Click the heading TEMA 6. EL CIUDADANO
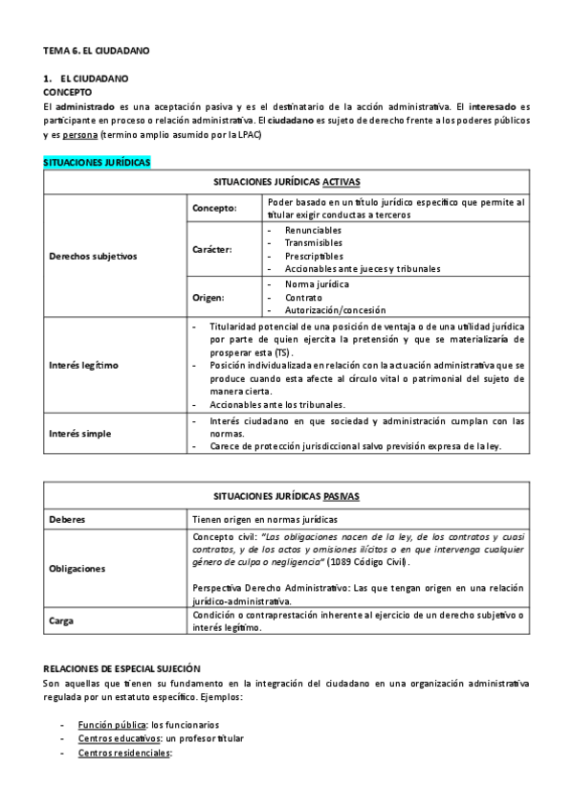[x=97, y=49]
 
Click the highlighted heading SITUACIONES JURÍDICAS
[x=97, y=163]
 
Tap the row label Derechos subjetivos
[x=94, y=256]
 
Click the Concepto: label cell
[x=214, y=208]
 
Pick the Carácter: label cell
[x=212, y=249]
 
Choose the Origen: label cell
[x=209, y=298]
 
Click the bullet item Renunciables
[x=313, y=231]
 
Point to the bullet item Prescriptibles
[x=314, y=256]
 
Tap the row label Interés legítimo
[x=84, y=365]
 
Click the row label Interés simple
[x=80, y=434]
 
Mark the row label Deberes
[x=67, y=519]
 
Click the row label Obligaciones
[x=77, y=568]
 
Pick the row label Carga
[x=61, y=620]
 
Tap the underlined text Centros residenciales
[x=123, y=754]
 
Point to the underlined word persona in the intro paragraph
[x=79, y=135]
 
